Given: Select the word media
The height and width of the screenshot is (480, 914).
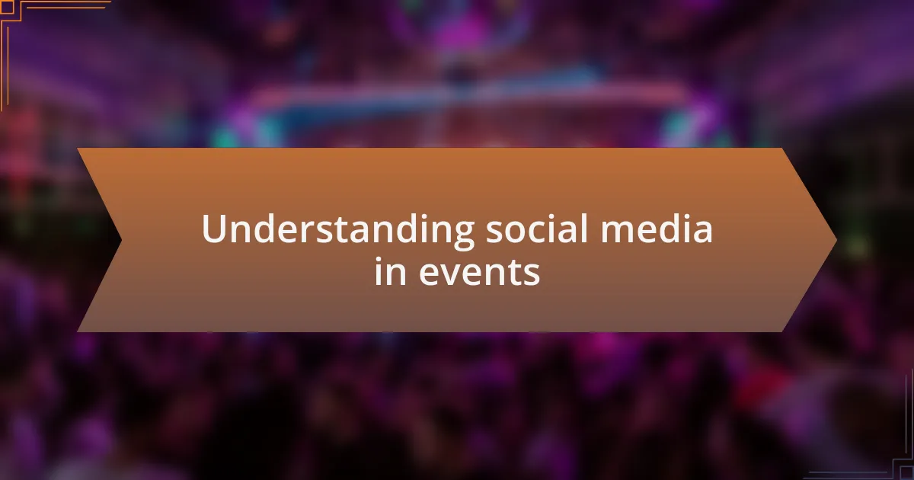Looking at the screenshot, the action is click(x=657, y=228).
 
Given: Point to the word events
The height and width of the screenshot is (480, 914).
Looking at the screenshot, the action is click(x=479, y=272).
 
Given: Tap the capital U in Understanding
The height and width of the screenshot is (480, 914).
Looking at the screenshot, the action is click(x=214, y=229).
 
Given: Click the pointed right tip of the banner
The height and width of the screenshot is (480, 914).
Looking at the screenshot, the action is click(x=836, y=240).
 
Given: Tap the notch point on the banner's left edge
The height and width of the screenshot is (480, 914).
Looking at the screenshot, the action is click(x=121, y=240).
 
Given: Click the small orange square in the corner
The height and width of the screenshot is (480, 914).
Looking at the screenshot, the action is click(x=7, y=8).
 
